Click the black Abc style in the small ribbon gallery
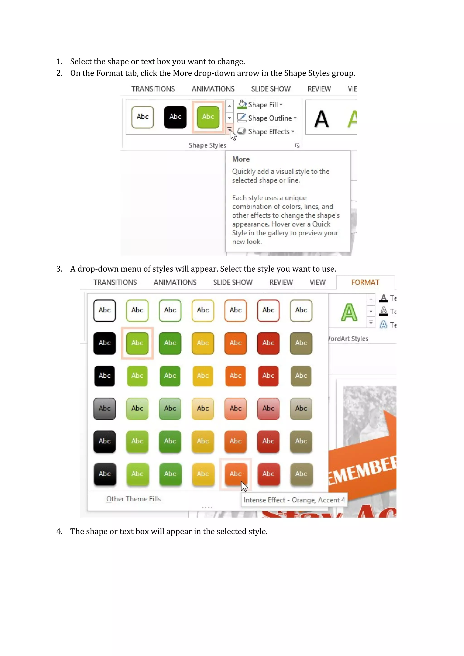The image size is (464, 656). (x=175, y=117)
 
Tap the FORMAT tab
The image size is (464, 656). (x=365, y=282)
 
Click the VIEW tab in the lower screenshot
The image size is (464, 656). (x=317, y=282)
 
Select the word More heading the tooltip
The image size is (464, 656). (x=241, y=159)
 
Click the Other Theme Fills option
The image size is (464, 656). (x=133, y=499)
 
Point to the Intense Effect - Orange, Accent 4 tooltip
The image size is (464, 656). (x=294, y=500)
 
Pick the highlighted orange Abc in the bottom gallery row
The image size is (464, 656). (x=235, y=474)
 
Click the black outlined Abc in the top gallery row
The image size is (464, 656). (x=105, y=310)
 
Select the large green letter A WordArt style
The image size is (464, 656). (x=349, y=312)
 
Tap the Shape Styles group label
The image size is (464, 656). (x=207, y=145)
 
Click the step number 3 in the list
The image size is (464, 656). (x=59, y=269)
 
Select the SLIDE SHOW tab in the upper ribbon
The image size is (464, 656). (x=271, y=89)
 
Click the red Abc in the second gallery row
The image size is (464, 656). (x=268, y=343)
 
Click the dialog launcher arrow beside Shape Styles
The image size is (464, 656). (x=297, y=146)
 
